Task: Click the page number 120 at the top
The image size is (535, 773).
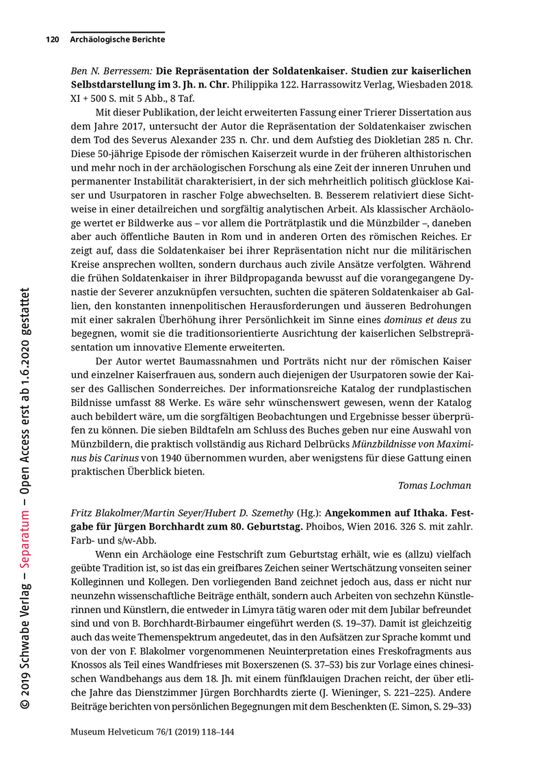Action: tap(52, 40)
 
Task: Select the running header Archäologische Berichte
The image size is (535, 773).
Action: tap(117, 40)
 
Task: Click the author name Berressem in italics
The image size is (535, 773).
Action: tap(125, 70)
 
